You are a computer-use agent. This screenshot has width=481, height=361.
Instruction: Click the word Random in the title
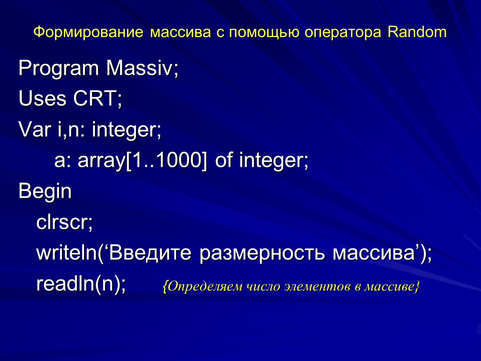[x=417, y=32]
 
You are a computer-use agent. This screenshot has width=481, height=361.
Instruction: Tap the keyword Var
[x=34, y=130]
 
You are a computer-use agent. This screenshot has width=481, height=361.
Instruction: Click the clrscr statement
[x=64, y=222]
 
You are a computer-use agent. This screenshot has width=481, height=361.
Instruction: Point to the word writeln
[x=67, y=252]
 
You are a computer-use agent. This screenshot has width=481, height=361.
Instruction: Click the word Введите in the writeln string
[x=150, y=253]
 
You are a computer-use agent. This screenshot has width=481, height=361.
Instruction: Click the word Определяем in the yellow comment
[x=205, y=287]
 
